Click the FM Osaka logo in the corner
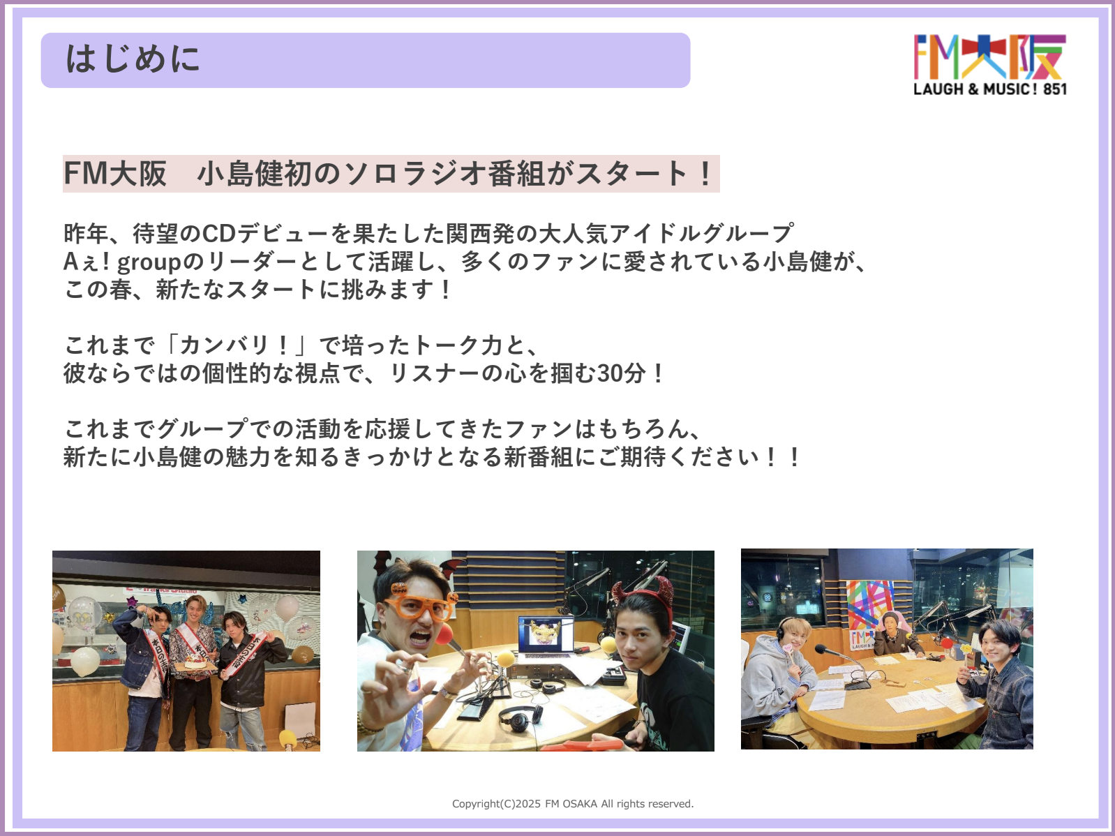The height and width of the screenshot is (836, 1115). (989, 64)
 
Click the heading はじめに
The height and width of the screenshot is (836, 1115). (133, 59)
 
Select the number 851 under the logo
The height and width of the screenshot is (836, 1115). (1055, 89)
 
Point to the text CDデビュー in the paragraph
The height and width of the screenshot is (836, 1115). (266, 234)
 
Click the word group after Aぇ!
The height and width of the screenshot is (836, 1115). (149, 262)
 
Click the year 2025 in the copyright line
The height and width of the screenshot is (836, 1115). (527, 803)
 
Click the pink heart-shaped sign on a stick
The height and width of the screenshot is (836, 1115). (788, 648)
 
